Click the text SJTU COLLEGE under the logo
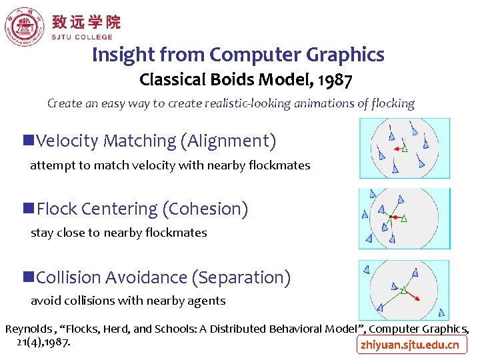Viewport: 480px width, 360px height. click(x=82, y=38)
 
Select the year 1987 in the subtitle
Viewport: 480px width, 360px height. click(x=335, y=81)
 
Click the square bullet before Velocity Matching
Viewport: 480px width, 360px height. click(x=29, y=141)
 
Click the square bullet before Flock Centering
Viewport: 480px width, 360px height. click(x=29, y=209)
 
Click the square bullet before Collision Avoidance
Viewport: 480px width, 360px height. click(x=29, y=277)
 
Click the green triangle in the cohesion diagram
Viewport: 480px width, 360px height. click(x=404, y=218)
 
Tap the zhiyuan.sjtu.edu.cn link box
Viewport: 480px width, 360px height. click(x=410, y=345)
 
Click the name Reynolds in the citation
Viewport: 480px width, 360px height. click(x=27, y=329)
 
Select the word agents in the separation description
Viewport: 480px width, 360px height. click(x=208, y=301)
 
